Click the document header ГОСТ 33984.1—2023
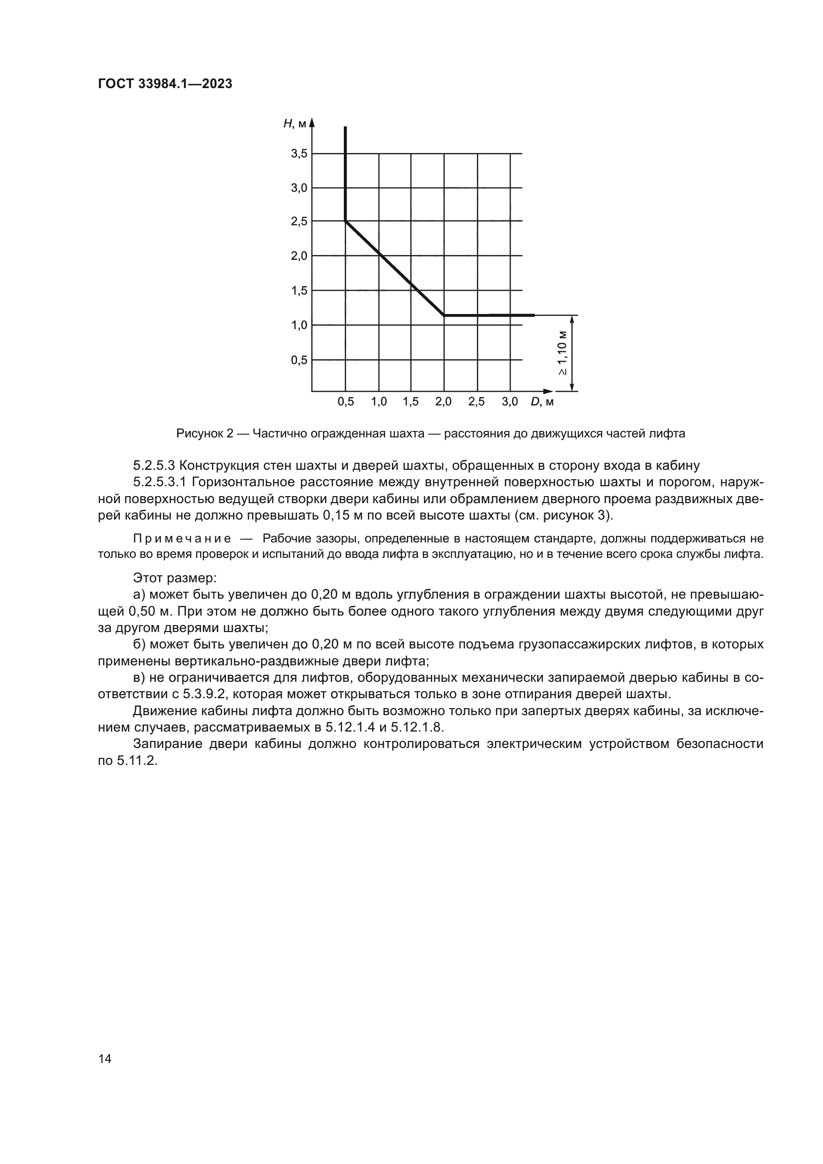(165, 84)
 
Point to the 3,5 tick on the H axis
(299, 153)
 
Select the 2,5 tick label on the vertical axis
(299, 221)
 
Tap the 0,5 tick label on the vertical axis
(299, 360)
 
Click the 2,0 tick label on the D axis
(443, 402)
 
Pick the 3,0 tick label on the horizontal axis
(510, 402)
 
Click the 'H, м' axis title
(295, 123)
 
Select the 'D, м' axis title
(542, 402)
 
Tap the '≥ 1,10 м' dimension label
(563, 353)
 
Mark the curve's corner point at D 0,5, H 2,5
(346, 221)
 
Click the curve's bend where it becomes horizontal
(444, 316)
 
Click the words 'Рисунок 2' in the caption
(205, 433)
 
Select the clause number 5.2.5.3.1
(160, 482)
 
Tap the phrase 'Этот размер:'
(174, 577)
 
